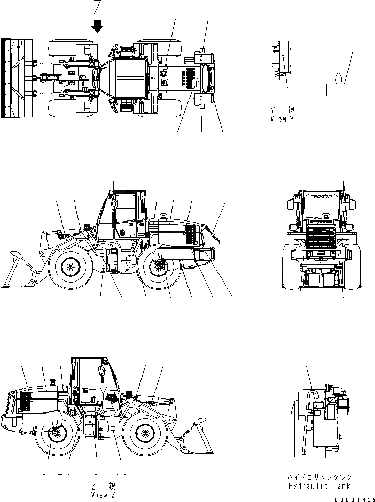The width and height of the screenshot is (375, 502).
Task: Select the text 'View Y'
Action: coord(282,119)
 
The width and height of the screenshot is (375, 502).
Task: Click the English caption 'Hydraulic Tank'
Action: coord(320,486)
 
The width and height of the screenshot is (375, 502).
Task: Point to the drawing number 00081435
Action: coord(353,497)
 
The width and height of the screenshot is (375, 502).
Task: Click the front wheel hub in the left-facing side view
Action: coord(68,268)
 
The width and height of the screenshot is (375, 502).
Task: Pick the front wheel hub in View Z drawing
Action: coord(144,432)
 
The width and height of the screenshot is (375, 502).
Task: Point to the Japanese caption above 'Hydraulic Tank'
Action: coord(320,477)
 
